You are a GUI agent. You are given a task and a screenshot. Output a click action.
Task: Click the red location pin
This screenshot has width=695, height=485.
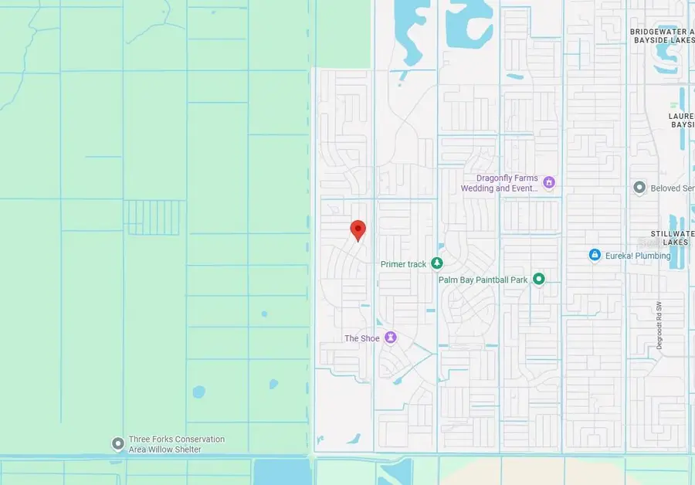point(358,229)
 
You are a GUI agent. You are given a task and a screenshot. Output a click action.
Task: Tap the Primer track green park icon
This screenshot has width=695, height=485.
point(437,264)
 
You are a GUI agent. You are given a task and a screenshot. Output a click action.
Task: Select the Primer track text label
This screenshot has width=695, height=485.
point(403,264)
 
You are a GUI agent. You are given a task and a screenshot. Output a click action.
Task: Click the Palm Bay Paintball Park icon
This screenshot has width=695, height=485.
point(539,279)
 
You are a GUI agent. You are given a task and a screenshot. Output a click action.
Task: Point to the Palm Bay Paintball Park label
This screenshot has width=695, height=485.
point(483,280)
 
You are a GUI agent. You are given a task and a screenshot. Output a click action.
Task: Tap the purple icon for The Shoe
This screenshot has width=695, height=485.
point(391,338)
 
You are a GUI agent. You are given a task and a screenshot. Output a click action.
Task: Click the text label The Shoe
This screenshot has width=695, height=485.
point(361,338)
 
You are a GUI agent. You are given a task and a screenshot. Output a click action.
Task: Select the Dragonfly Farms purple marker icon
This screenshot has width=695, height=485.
point(549,183)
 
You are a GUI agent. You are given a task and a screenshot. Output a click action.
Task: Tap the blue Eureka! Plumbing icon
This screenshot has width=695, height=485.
point(595,255)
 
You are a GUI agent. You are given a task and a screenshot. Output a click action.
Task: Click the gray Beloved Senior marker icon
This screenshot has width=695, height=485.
point(639,188)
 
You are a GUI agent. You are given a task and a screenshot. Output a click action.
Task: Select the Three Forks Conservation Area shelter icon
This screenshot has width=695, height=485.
point(117,444)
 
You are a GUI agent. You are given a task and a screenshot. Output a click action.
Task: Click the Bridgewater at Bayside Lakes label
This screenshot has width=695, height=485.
point(659,36)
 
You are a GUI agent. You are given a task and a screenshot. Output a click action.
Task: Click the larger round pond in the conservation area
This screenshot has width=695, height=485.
point(199,392)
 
